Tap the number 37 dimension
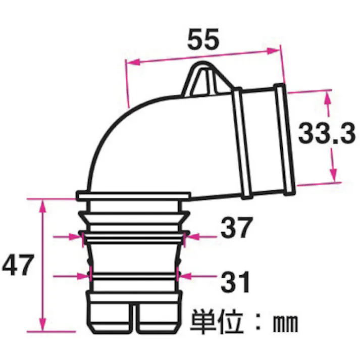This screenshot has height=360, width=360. [x=235, y=229]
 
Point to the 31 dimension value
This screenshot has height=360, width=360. [x=235, y=281]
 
